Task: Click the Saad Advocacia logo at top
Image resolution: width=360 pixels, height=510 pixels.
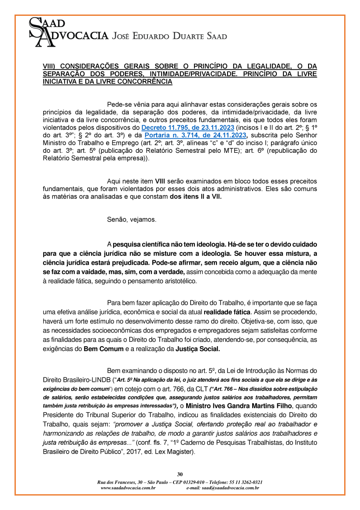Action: [66, 31]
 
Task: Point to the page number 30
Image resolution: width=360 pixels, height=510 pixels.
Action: [180, 474]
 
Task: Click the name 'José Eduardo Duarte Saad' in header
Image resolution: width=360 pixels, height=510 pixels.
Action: [170, 36]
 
